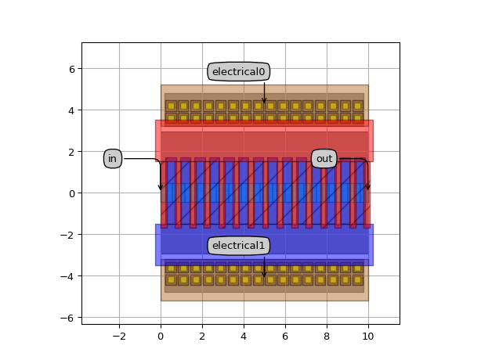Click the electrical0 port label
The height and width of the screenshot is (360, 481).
(x=239, y=72)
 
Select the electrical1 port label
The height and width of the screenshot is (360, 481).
(x=239, y=246)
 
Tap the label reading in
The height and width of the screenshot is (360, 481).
(x=113, y=159)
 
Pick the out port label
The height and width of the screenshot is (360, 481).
(x=324, y=159)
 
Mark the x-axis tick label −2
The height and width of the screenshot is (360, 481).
(x=119, y=337)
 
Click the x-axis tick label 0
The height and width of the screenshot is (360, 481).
(x=161, y=337)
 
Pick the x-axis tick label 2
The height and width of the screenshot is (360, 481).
(x=202, y=337)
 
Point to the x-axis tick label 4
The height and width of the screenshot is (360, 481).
(x=244, y=337)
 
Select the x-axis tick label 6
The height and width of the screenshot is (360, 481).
(x=285, y=337)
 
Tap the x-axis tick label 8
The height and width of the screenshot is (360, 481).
(x=327, y=337)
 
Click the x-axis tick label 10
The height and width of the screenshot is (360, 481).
(x=368, y=337)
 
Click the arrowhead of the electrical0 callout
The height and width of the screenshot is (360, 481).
(x=264, y=103)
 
